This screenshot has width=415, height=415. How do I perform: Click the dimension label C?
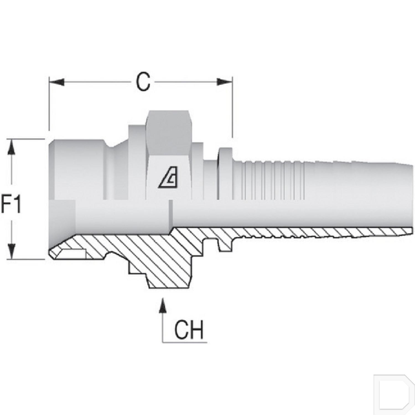[x=143, y=82]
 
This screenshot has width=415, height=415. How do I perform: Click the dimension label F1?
[x=11, y=204]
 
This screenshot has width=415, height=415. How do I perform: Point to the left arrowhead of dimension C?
[x=57, y=82]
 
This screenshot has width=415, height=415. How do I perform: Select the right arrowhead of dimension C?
[x=224, y=82]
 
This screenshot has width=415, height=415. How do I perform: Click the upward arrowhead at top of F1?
[x=11, y=147]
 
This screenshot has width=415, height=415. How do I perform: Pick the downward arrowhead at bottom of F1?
[x=11, y=252]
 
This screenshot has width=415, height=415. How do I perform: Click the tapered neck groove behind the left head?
[x=112, y=172]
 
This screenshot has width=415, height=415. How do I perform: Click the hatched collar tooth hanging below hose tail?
[x=225, y=245]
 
